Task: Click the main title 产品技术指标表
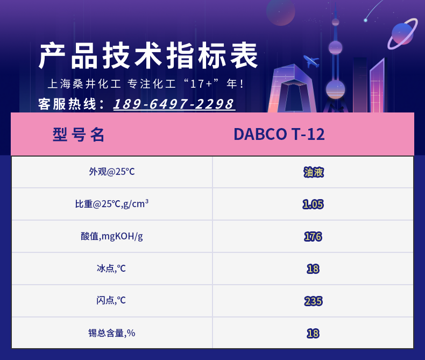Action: click(x=148, y=56)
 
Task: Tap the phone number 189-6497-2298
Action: click(x=174, y=104)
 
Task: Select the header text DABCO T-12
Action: click(x=279, y=134)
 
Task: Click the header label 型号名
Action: click(x=79, y=135)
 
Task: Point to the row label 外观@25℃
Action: click(x=112, y=172)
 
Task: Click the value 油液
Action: click(x=313, y=172)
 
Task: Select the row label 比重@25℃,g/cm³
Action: click(x=112, y=203)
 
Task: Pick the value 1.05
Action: click(x=313, y=204)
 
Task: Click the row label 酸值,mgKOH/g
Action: click(x=112, y=236)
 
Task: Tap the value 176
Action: click(x=313, y=237)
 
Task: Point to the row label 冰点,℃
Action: click(x=111, y=269)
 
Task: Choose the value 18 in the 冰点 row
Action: click(x=313, y=269)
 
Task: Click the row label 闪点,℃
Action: click(x=111, y=300)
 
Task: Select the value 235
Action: click(x=313, y=301)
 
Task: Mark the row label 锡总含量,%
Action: click(x=112, y=333)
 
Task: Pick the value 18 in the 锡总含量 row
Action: click(x=313, y=334)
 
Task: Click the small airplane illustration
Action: click(x=311, y=61)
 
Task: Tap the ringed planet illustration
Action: click(x=403, y=33)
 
